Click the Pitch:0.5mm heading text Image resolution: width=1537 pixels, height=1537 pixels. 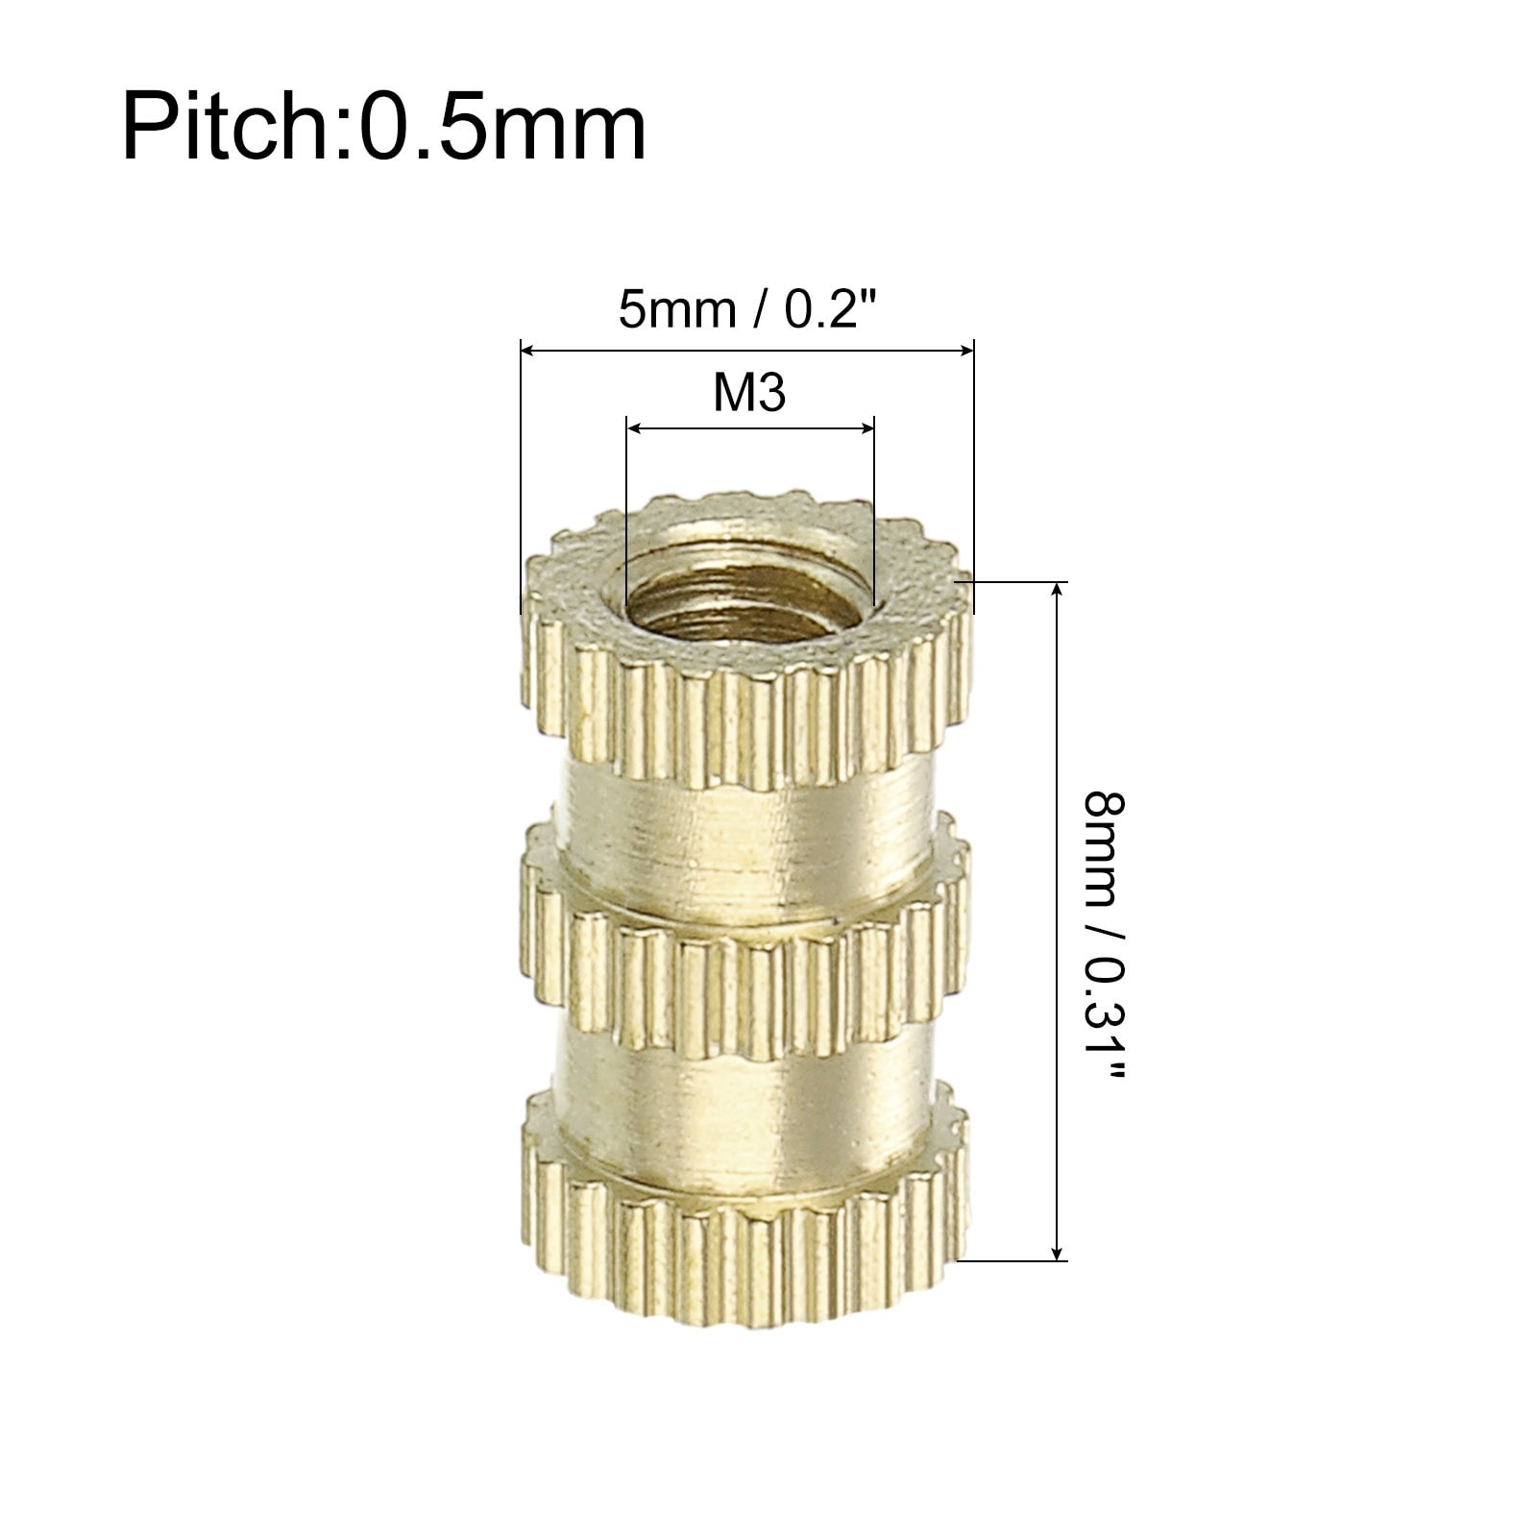click(383, 126)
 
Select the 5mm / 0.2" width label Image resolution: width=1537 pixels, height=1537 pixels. click(748, 309)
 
